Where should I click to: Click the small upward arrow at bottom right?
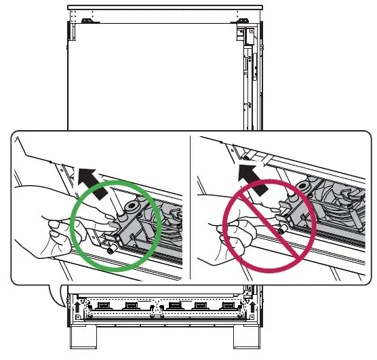(x=253, y=307)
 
